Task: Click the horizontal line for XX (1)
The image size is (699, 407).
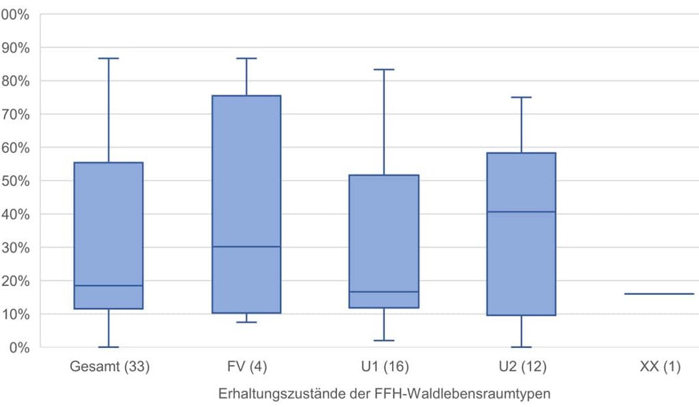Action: click(x=660, y=294)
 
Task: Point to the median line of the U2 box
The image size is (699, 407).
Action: click(x=522, y=212)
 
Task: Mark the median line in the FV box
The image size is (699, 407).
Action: click(x=247, y=246)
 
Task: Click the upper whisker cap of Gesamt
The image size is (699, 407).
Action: click(x=109, y=58)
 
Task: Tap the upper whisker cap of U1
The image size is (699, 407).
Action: click(x=384, y=69)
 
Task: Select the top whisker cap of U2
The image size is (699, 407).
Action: click(x=522, y=97)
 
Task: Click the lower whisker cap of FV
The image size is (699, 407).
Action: click(x=247, y=322)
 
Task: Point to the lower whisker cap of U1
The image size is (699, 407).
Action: click(x=384, y=340)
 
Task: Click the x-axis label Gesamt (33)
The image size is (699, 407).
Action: click(x=109, y=367)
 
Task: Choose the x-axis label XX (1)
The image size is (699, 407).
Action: click(x=660, y=367)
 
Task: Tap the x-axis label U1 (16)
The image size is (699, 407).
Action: click(x=384, y=367)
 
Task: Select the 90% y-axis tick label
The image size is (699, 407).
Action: click(x=16, y=47)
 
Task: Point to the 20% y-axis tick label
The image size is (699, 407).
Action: click(x=16, y=281)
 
